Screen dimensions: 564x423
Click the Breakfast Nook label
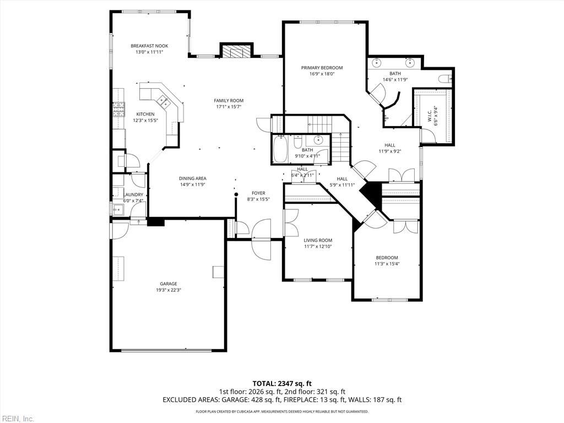point(149,46)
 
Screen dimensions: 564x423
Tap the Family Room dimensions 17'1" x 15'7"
point(229,106)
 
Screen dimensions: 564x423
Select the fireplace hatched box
point(236,51)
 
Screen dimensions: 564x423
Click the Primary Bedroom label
point(322,68)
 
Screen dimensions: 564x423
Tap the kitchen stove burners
point(118,110)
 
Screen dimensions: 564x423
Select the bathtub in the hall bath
point(279,149)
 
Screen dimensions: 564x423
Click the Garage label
point(169,284)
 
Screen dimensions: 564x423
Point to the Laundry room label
point(133,194)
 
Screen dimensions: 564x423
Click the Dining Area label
point(193,178)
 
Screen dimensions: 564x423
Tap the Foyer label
point(258,193)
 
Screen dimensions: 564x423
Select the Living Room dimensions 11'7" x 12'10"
point(318,246)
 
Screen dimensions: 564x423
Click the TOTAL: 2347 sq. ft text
point(279,383)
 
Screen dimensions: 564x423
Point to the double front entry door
point(262,239)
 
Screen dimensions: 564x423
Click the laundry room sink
point(117,209)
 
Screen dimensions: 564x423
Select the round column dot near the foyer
point(236,194)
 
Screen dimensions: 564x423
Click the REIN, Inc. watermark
point(17,419)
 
